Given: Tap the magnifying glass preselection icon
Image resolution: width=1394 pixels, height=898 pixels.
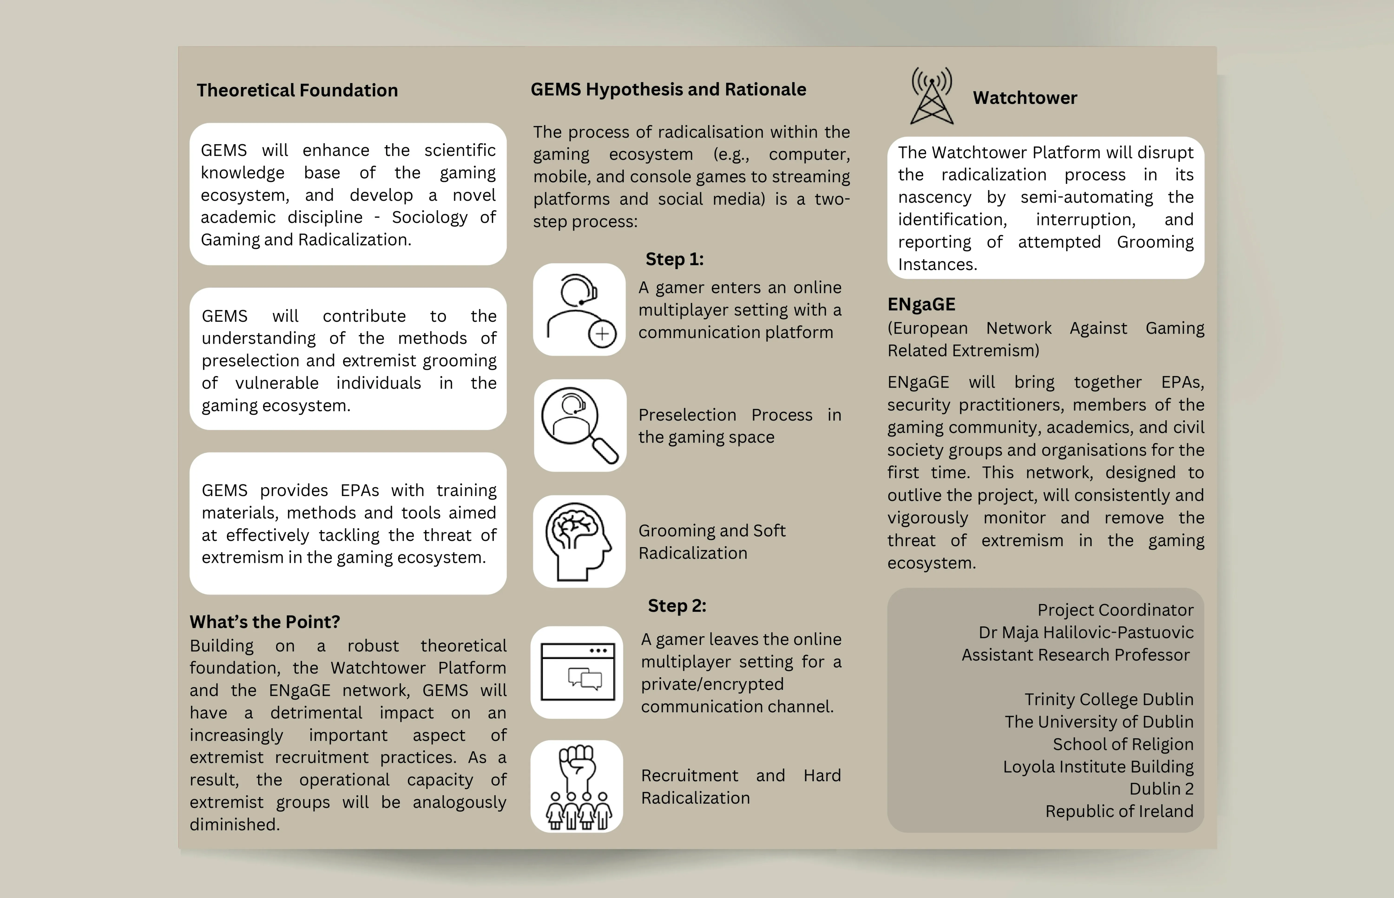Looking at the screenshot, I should (x=580, y=425).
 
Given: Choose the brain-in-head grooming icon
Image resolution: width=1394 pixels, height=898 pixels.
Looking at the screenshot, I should (x=579, y=541).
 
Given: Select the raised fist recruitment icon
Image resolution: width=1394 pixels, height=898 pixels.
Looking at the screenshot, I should (x=577, y=786).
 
